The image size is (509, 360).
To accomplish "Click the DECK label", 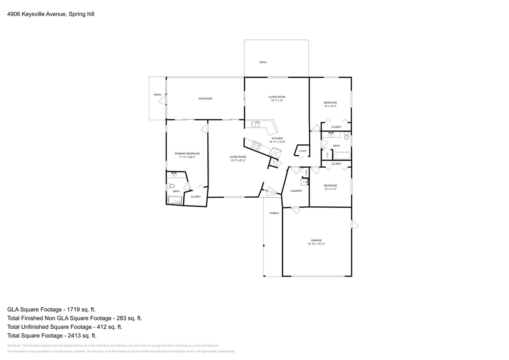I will tap(263, 62).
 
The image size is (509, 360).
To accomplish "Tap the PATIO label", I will tap(158, 95).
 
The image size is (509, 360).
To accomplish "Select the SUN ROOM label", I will tap(205, 99).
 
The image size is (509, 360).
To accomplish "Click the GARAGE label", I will tap(317, 240).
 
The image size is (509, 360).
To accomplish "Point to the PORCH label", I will tap(274, 213).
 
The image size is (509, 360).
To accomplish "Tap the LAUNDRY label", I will tap(296, 191).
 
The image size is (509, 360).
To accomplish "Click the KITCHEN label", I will tap(277, 138).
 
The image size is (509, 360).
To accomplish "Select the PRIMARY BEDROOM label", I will tap(187, 154).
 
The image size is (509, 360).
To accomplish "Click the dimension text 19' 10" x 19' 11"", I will tap(317, 244).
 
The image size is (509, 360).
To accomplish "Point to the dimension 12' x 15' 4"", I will tap(330, 106).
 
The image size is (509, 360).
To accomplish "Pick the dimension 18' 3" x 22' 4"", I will tap(238, 160).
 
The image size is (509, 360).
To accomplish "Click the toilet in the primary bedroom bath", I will tap(171, 186).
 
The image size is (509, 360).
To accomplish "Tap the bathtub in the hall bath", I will tap(342, 156).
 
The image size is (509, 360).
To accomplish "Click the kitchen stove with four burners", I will tap(256, 146).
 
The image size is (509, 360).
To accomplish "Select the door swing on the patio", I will tap(162, 100).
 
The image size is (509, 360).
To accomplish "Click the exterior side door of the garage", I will tap(355, 224).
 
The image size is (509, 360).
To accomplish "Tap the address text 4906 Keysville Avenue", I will tap(36, 14).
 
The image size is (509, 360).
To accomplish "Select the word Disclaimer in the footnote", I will tap(14, 346).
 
